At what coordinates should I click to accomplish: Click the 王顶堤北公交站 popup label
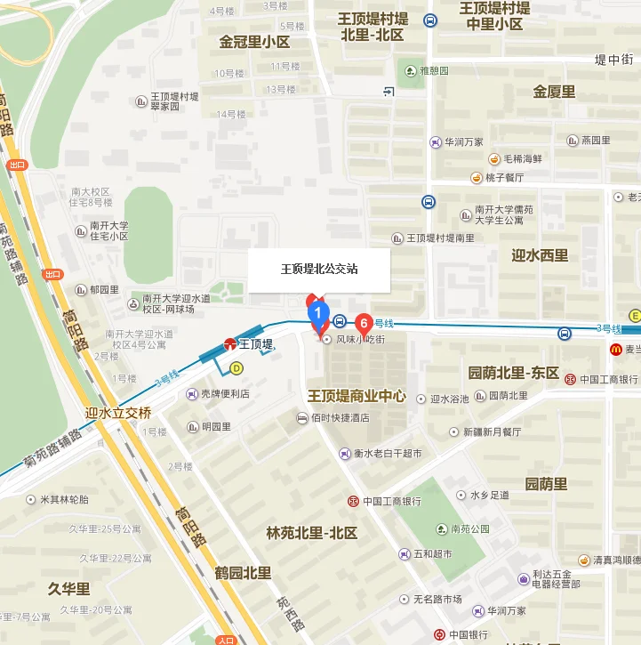(319, 269)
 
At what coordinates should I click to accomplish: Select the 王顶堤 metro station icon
(229, 343)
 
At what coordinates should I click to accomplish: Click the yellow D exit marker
(236, 367)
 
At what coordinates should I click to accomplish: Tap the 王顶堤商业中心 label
(357, 395)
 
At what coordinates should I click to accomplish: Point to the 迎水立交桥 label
(118, 413)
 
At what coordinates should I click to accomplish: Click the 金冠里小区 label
(255, 42)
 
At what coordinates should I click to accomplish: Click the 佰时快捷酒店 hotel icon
(302, 417)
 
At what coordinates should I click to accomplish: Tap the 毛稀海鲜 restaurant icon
(493, 158)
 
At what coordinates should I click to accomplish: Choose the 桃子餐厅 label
(508, 177)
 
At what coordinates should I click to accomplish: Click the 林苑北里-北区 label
(312, 533)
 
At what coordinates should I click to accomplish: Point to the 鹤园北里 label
(243, 572)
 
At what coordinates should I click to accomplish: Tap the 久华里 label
(69, 589)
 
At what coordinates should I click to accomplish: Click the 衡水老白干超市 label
(388, 453)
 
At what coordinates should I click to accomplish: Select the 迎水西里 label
(540, 255)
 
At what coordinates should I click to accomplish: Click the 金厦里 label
(554, 91)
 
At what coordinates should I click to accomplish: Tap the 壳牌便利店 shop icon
(192, 394)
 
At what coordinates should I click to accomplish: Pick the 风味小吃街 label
(359, 339)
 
